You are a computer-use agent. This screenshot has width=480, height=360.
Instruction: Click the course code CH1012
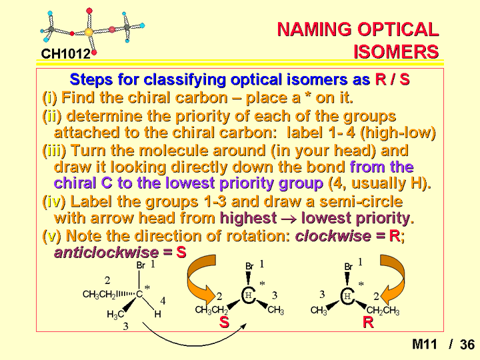(66, 54)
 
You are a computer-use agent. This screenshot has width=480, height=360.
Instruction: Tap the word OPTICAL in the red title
(398, 29)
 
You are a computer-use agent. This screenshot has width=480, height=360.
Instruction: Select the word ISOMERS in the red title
(396, 51)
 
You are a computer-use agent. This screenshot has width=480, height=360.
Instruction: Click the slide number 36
(467, 345)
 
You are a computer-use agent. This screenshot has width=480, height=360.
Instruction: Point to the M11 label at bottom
(424, 345)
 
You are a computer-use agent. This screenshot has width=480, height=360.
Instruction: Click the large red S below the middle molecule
(224, 323)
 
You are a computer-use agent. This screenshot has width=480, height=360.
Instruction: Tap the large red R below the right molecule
(368, 323)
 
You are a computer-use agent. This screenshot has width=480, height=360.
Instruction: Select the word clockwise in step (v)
(333, 236)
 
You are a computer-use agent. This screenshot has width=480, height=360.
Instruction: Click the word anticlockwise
(106, 253)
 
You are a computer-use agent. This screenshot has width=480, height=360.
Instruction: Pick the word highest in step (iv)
(248, 218)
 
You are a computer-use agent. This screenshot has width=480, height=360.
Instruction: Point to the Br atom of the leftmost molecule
(141, 265)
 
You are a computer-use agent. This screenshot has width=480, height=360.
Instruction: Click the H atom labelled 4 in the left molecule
(157, 314)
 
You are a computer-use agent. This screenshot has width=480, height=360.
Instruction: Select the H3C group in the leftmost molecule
(115, 315)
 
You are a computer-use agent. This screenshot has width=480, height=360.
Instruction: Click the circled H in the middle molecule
(249, 295)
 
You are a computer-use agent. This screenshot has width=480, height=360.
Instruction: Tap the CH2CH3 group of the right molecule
(383, 311)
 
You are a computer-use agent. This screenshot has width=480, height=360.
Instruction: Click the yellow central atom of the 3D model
(88, 31)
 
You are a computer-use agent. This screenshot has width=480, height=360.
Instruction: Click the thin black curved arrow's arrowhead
(245, 325)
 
